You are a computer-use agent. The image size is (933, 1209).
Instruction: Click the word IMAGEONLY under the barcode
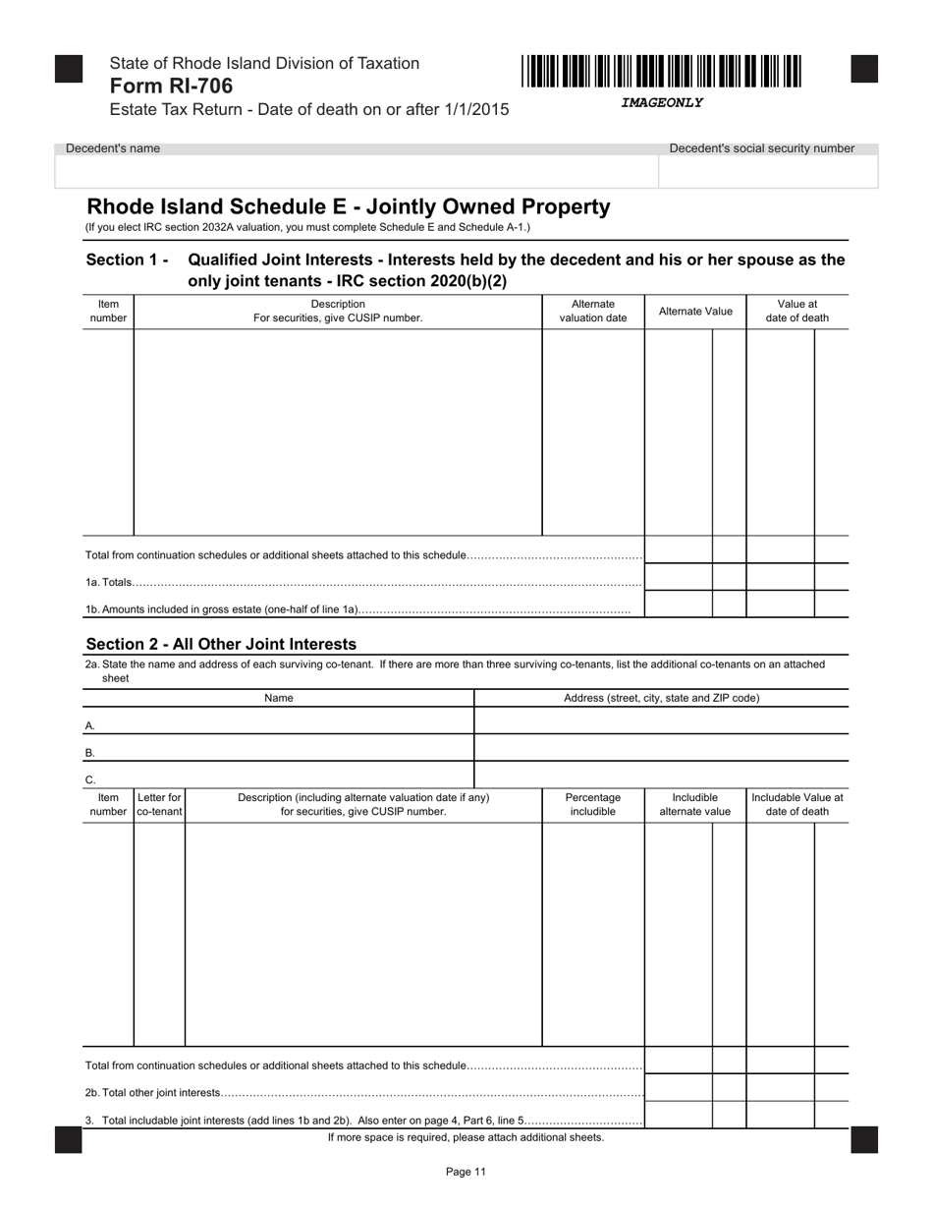coord(661,102)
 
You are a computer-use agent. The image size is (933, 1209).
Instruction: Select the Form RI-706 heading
coord(172,86)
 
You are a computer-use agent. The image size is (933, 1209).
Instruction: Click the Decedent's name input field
coord(356,171)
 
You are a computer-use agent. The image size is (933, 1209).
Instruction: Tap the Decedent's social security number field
coord(767,171)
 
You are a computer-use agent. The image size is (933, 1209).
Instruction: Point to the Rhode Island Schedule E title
coord(349,207)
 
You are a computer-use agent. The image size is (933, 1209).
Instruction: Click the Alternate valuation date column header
coord(593,312)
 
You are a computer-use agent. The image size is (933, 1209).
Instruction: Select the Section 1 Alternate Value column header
coord(695,312)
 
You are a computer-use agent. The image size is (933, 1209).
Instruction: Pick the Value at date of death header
coord(796,312)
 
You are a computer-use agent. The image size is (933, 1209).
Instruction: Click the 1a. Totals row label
coord(109,583)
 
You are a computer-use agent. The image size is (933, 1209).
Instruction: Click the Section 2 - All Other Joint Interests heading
coord(221,645)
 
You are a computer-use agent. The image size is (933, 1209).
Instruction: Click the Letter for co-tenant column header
coord(159,805)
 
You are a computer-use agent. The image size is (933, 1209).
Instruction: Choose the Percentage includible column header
coord(593,805)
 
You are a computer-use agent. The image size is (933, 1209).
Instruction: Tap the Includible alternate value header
coord(695,805)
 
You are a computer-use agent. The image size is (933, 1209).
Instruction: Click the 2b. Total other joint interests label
coord(153,1092)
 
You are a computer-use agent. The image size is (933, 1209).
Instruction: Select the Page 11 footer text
coord(466,1172)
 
